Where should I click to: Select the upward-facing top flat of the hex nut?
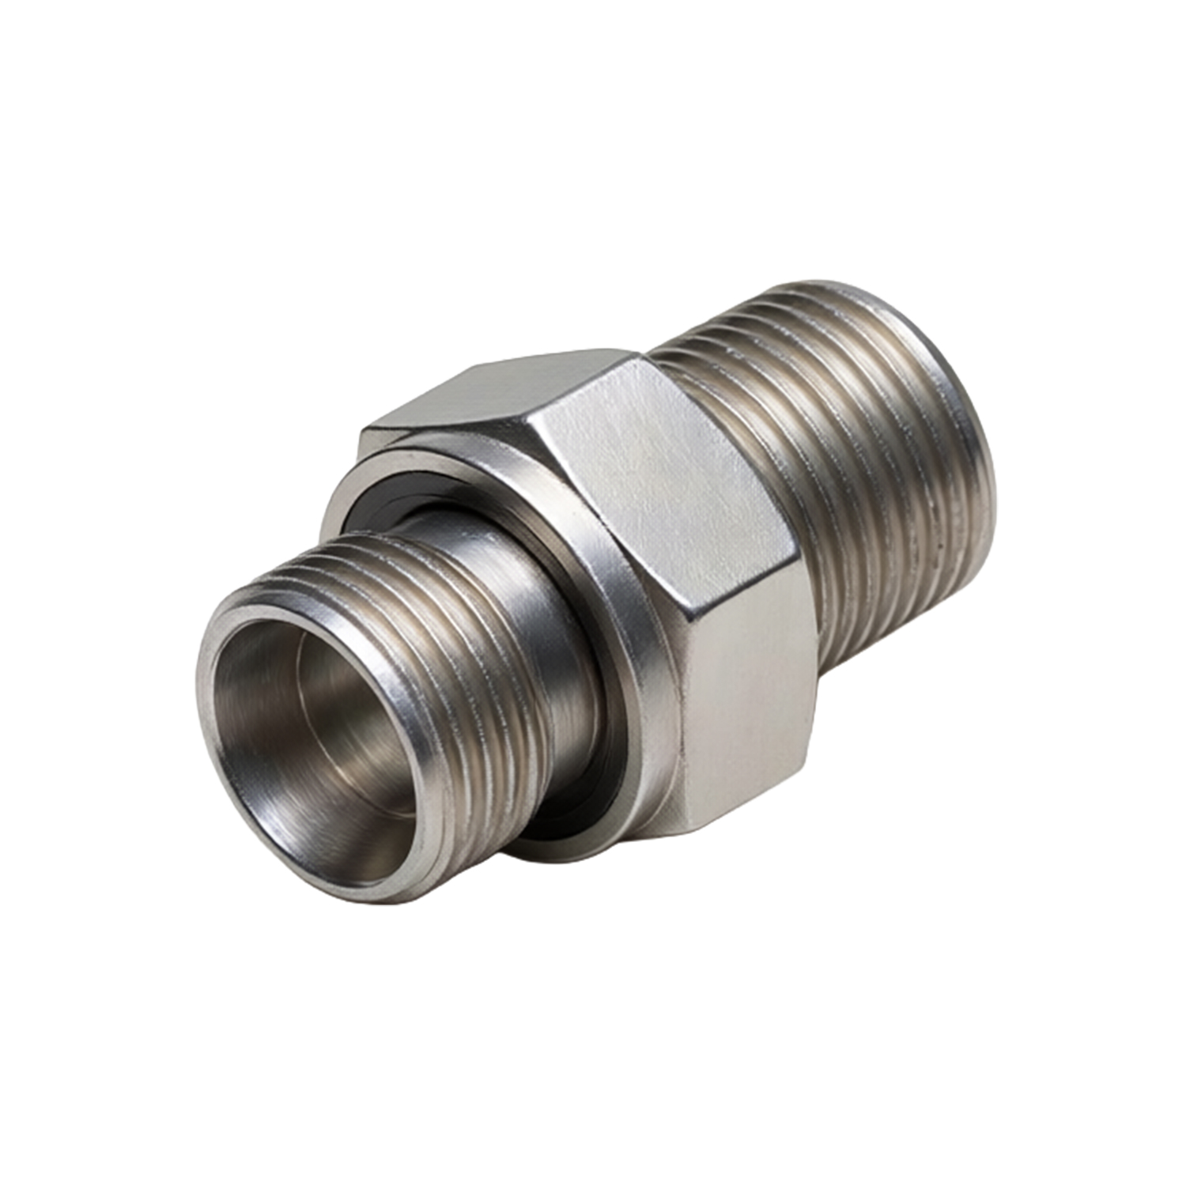click(x=490, y=391)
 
